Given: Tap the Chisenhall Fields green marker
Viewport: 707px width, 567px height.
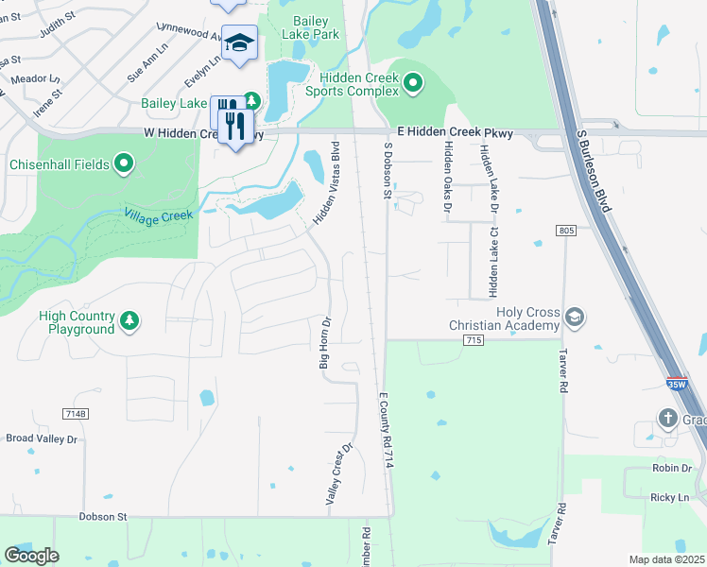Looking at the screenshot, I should (x=124, y=165).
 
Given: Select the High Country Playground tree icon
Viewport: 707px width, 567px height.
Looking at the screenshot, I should (x=129, y=322).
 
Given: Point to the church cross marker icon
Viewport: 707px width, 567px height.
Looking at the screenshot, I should (x=668, y=418).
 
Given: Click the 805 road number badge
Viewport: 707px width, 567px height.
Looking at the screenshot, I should (x=566, y=231).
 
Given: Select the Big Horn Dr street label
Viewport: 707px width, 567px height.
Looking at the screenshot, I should (x=323, y=343).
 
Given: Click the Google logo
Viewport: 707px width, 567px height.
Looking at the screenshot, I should (x=31, y=555).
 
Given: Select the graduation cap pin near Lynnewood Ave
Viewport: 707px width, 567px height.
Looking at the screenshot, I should (x=239, y=43).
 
